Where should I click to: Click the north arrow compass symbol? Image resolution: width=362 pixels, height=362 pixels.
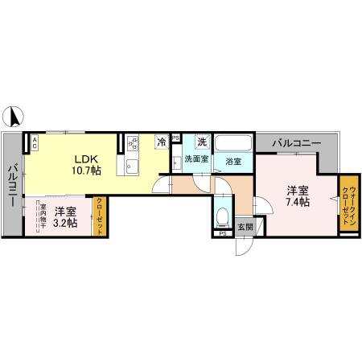coord(14,117)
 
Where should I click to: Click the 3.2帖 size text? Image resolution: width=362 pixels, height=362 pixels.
coord(66,223)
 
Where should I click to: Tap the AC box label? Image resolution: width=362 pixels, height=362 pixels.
coord(35,145)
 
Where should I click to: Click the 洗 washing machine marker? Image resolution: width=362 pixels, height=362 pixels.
coord(202,142)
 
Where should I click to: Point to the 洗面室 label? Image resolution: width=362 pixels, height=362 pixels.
coord(196,159)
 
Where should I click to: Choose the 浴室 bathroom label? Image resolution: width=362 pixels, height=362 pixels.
coord(234,160)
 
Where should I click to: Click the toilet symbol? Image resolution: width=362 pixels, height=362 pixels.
coord(223,216)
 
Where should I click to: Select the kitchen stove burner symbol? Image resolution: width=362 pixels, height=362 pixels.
coord(134,144)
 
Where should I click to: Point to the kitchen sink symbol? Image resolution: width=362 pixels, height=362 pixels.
coord(133,167)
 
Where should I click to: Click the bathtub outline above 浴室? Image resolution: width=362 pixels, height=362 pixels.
coord(234,142)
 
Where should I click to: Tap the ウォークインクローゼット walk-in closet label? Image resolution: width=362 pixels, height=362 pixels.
coord(349,204)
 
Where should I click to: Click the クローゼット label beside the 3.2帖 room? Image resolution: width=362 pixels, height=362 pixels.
coord(100,216)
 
